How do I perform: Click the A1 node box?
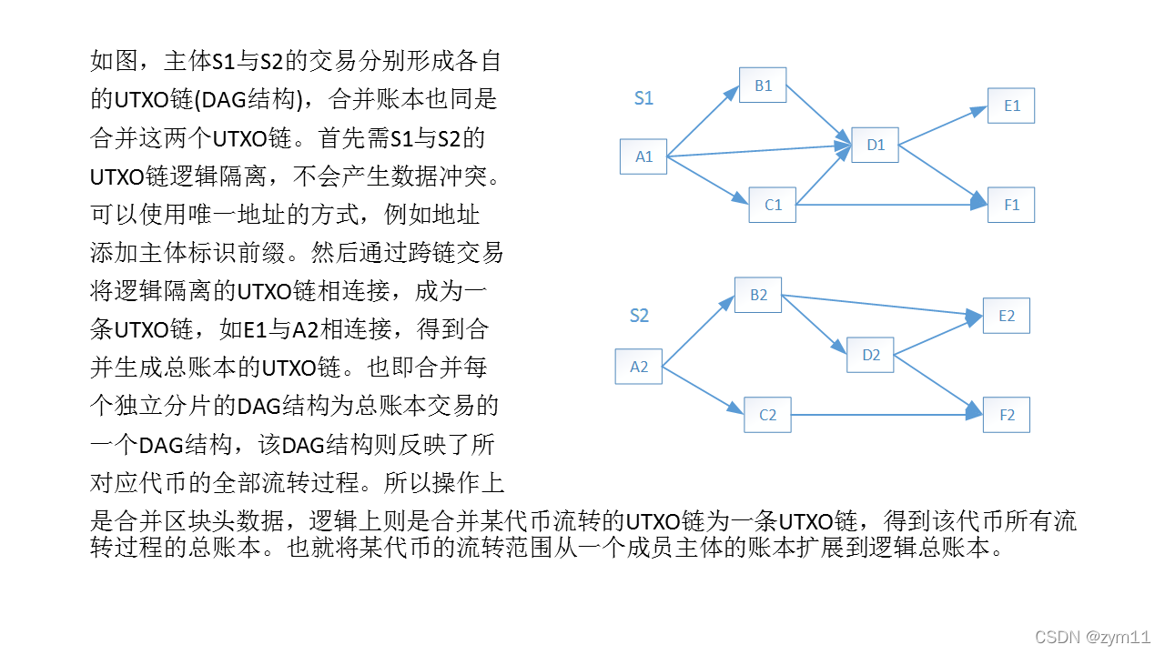(643, 156)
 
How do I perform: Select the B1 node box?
(763, 86)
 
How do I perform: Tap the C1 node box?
(773, 205)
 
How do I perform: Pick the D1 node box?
(876, 145)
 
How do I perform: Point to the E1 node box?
(1011, 106)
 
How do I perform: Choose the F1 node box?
(1011, 205)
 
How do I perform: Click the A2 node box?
(639, 367)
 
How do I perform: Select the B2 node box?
(758, 295)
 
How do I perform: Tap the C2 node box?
(767, 415)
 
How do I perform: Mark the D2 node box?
(870, 355)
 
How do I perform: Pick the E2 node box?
(1006, 316)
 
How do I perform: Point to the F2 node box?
(1006, 415)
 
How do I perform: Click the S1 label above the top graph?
(643, 98)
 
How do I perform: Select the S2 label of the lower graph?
(639, 316)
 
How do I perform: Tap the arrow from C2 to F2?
(886, 415)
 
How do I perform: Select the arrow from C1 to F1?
(892, 205)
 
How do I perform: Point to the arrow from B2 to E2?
(882, 306)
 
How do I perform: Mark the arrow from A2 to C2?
(703, 391)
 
